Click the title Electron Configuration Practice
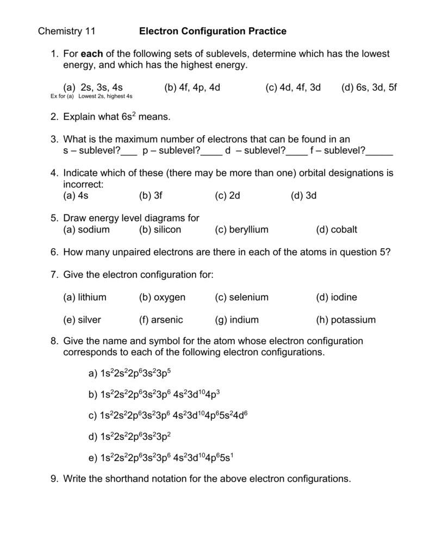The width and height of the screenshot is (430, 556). (213, 31)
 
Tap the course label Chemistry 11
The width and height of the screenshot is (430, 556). (66, 31)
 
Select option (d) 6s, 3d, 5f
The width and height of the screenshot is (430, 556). (369, 87)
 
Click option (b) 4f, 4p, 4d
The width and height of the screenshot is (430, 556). (192, 87)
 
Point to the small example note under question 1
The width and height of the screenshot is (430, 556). (91, 96)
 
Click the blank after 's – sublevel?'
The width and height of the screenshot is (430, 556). (129, 151)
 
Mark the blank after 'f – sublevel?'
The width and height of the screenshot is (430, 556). (379, 151)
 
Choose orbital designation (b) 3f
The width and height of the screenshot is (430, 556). (151, 195)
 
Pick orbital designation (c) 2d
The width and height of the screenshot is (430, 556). (227, 195)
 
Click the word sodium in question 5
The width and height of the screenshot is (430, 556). (94, 230)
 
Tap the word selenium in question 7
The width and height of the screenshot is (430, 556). (249, 298)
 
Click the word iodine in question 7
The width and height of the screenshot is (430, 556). (344, 298)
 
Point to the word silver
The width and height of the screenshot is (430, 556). (89, 320)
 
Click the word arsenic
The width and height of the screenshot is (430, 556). (167, 320)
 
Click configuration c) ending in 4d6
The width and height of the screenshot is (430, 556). (168, 415)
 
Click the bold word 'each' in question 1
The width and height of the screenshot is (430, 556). (90, 54)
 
